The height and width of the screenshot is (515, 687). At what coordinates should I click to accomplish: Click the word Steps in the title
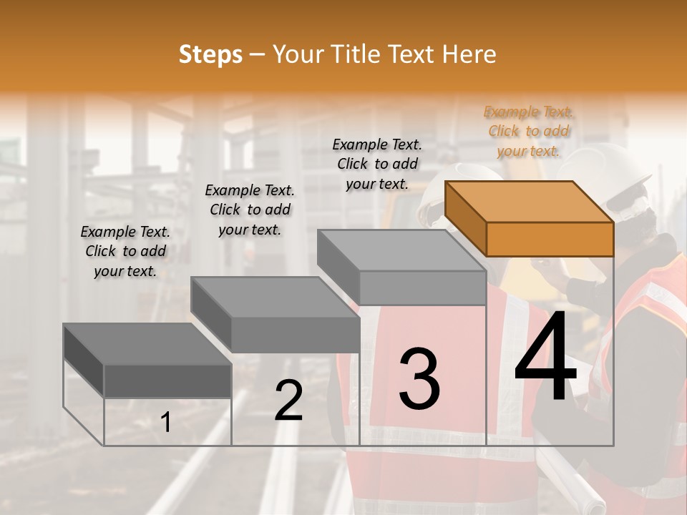pos(210,54)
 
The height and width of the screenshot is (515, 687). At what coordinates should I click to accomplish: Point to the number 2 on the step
pos(288,401)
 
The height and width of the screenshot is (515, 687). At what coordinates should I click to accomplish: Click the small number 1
pos(165,423)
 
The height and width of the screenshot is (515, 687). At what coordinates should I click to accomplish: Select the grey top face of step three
pos(401,250)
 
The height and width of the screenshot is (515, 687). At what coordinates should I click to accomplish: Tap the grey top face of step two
pos(275,297)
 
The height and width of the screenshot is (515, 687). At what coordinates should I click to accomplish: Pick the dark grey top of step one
pos(147,344)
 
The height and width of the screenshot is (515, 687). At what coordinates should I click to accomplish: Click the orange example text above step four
pos(528,131)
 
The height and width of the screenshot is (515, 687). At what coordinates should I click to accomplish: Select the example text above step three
pos(377,164)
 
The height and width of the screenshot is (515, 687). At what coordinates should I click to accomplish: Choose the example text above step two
pos(250,210)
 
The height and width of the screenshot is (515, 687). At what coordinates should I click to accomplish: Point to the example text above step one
pos(125,251)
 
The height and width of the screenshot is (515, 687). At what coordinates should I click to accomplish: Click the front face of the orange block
pos(550,239)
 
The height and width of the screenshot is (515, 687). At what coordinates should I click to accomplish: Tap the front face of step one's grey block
pos(167,381)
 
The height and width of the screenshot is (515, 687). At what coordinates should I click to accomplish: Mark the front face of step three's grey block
pos(422,288)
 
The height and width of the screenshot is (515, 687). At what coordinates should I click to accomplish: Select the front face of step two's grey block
pos(295,335)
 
